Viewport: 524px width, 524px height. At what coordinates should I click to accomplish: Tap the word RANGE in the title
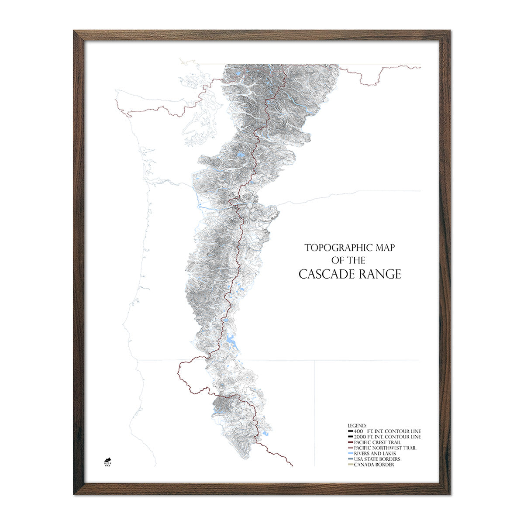coord(380,274)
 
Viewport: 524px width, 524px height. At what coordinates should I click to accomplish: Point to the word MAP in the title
coord(385,248)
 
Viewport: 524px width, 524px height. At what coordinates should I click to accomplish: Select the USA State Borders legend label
coord(377,459)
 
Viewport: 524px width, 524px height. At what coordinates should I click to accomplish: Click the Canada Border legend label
coord(374,465)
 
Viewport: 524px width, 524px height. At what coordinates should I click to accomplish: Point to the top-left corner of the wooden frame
coord(76,32)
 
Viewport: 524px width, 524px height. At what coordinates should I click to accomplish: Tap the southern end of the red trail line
coord(293,466)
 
